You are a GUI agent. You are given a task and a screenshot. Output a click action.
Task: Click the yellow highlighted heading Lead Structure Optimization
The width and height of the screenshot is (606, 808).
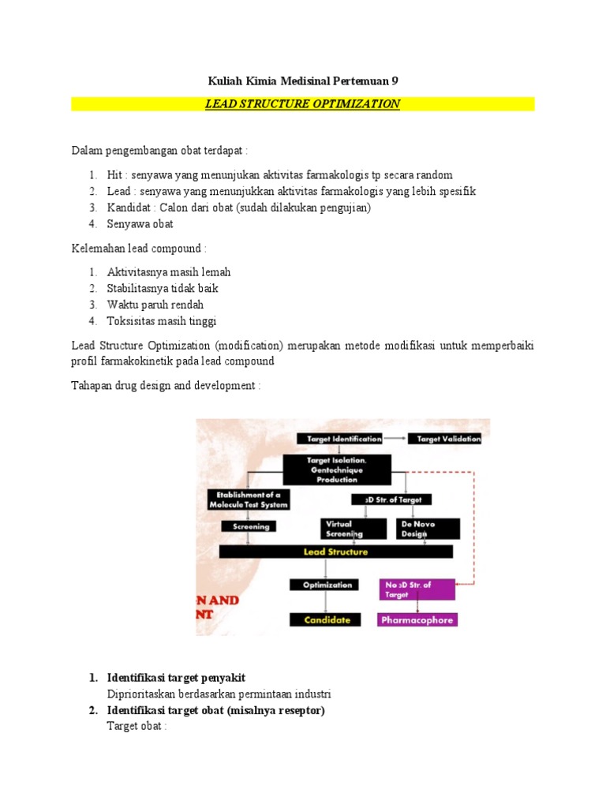click(303, 104)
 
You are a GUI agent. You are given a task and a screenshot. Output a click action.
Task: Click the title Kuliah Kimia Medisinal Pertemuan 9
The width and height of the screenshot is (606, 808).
click(303, 80)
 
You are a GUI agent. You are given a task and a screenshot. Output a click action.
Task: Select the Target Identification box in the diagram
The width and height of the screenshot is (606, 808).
click(340, 439)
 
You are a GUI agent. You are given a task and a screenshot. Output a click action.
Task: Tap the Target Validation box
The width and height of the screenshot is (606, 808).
click(448, 439)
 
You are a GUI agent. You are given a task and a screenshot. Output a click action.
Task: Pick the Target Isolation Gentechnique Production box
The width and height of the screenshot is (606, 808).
click(337, 469)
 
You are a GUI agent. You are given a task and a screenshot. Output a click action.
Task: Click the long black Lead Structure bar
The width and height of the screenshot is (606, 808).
click(335, 552)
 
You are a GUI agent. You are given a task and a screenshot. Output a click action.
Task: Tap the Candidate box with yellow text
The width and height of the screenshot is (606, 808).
click(327, 620)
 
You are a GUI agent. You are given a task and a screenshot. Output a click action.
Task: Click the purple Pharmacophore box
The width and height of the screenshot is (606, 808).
click(417, 620)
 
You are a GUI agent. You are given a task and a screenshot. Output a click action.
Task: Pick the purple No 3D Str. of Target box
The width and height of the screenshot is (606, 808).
click(417, 589)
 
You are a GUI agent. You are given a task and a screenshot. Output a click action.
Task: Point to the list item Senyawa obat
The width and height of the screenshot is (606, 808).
click(140, 224)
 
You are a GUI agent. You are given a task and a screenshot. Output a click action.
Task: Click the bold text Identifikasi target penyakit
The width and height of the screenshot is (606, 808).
click(181, 678)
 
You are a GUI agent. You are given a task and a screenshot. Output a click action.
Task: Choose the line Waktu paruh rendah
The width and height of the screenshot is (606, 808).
click(155, 305)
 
